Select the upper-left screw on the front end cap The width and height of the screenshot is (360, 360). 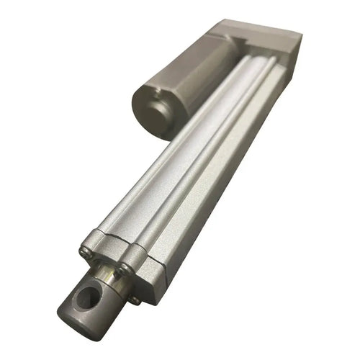[x=85, y=251]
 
